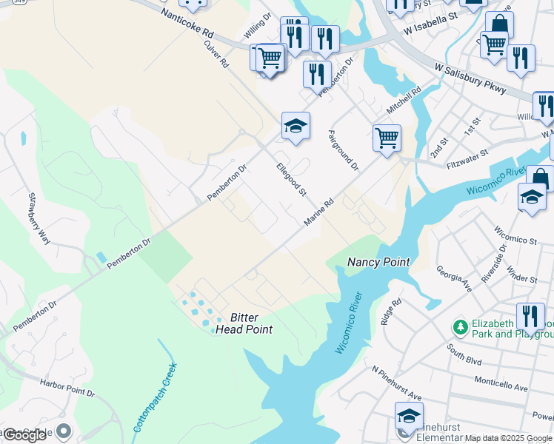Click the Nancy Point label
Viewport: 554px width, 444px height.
pos(378,262)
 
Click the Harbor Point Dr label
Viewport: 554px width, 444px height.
pos(67,388)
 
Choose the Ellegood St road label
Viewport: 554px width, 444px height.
pos(291,179)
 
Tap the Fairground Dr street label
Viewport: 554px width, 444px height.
pos(343,150)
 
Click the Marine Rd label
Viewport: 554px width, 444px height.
pos(319,212)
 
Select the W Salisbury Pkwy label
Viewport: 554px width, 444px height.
pos(470,79)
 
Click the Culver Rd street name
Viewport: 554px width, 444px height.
pos(216,54)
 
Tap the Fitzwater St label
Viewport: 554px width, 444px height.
pos(467,159)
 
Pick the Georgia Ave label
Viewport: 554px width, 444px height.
pos(454,279)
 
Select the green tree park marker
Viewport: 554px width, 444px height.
pos(460,326)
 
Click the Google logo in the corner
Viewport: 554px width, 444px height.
pos(24,435)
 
